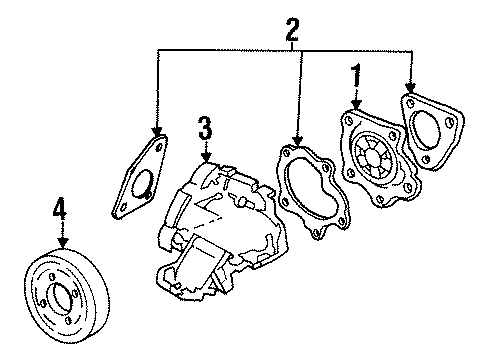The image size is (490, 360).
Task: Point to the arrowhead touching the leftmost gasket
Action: [155, 135]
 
